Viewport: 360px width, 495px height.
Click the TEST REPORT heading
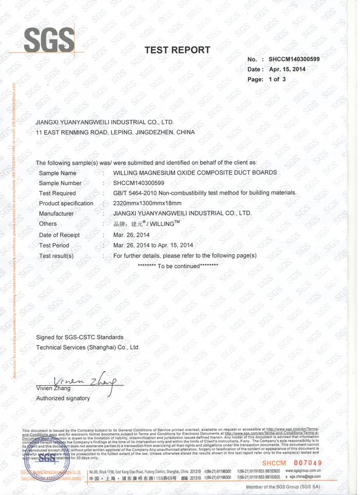click(x=177, y=50)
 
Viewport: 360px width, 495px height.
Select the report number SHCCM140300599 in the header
click(x=294, y=59)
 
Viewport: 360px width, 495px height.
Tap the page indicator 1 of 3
click(x=277, y=80)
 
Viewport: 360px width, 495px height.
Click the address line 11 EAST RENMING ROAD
click(x=115, y=132)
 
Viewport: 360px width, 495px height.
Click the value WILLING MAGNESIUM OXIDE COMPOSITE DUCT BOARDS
click(x=195, y=173)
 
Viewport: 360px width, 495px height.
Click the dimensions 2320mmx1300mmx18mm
click(x=143, y=203)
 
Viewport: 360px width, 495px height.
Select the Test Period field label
click(x=54, y=245)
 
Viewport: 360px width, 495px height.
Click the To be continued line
click(x=178, y=266)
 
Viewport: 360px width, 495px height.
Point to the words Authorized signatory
click(x=63, y=398)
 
